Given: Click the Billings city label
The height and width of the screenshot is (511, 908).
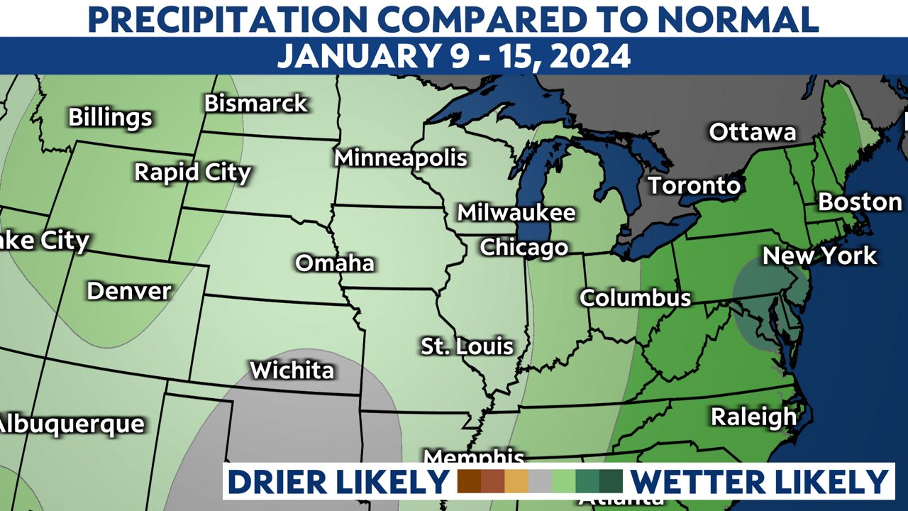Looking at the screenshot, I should (x=110, y=117).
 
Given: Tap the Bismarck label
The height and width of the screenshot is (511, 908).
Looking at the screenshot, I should (x=256, y=104).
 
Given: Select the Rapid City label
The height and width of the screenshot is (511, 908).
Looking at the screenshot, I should (x=193, y=172).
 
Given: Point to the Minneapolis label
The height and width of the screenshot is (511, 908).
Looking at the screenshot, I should (x=401, y=158).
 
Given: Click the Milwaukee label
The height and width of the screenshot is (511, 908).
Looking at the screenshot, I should (x=516, y=212).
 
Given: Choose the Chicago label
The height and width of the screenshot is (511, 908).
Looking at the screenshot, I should (x=524, y=248).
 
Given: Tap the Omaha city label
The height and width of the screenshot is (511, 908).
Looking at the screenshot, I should (x=335, y=263).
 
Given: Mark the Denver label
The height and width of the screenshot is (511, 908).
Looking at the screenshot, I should (x=129, y=291).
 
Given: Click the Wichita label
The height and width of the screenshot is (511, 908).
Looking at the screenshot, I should (x=292, y=370).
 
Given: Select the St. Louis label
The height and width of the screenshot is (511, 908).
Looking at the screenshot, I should (x=467, y=346).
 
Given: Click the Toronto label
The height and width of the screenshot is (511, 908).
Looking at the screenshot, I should (x=694, y=186).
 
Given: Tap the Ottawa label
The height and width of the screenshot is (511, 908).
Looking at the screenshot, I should (x=753, y=132).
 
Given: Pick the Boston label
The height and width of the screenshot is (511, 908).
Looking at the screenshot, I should (x=860, y=202).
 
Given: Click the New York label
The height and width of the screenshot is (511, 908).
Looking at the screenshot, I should (x=819, y=255).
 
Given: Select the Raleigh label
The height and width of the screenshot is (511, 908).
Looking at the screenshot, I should (x=753, y=417).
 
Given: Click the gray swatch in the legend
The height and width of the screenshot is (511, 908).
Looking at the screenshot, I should (x=540, y=481).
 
